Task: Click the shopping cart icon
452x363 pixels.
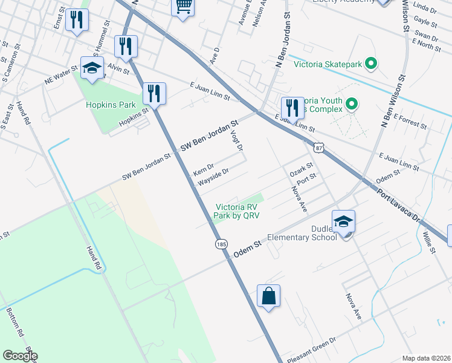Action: (x=184, y=7)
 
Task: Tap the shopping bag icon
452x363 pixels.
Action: (x=269, y=296)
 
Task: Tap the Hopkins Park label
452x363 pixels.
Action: (x=111, y=105)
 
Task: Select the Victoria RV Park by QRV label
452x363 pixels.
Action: (x=238, y=211)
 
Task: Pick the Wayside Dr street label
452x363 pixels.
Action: (x=214, y=175)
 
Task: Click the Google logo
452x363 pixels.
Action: (x=20, y=356)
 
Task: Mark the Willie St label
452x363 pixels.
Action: (x=430, y=241)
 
